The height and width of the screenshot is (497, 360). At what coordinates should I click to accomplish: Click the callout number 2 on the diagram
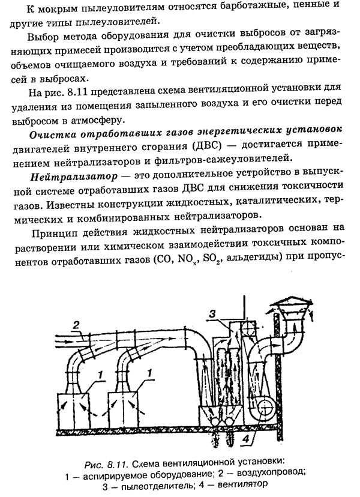coord(76,326)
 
